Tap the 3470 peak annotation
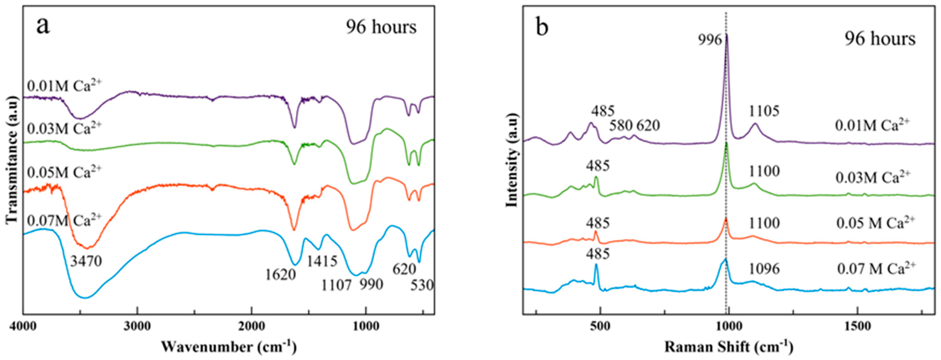point(86,262)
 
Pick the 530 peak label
point(422,285)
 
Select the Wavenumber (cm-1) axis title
point(229,346)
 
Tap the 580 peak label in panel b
point(621,126)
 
